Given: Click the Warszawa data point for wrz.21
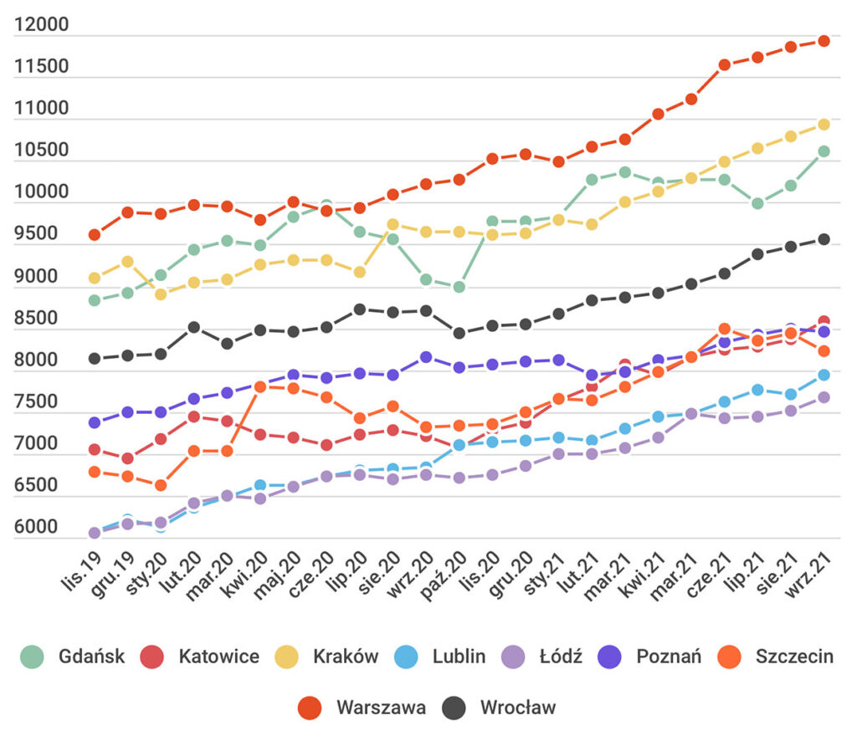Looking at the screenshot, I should point(824,41).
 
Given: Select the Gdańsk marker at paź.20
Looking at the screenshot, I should point(459,287).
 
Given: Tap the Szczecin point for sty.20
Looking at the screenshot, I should point(161,485).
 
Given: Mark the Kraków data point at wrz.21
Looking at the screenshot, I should point(824,125).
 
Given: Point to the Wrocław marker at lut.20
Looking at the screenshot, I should point(194,327).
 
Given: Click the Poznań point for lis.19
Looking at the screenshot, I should point(95,422).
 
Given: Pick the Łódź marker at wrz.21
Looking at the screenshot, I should point(824,397).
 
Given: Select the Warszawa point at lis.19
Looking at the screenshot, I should point(95,235).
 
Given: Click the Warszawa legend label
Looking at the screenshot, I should point(381,708).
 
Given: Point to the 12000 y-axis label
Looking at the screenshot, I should point(42,26).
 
